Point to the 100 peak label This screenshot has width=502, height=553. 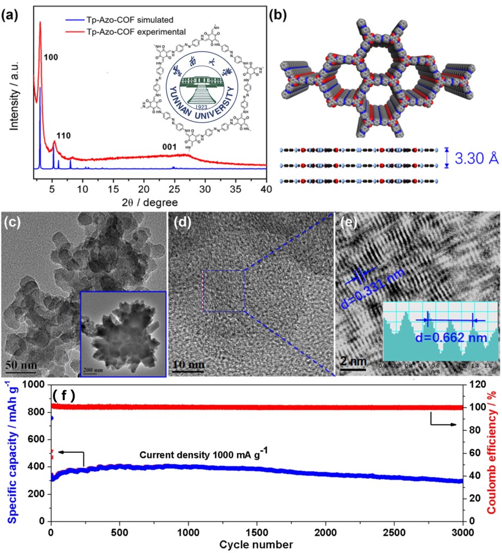pos(51,57)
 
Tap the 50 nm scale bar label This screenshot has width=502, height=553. pos(22,364)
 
